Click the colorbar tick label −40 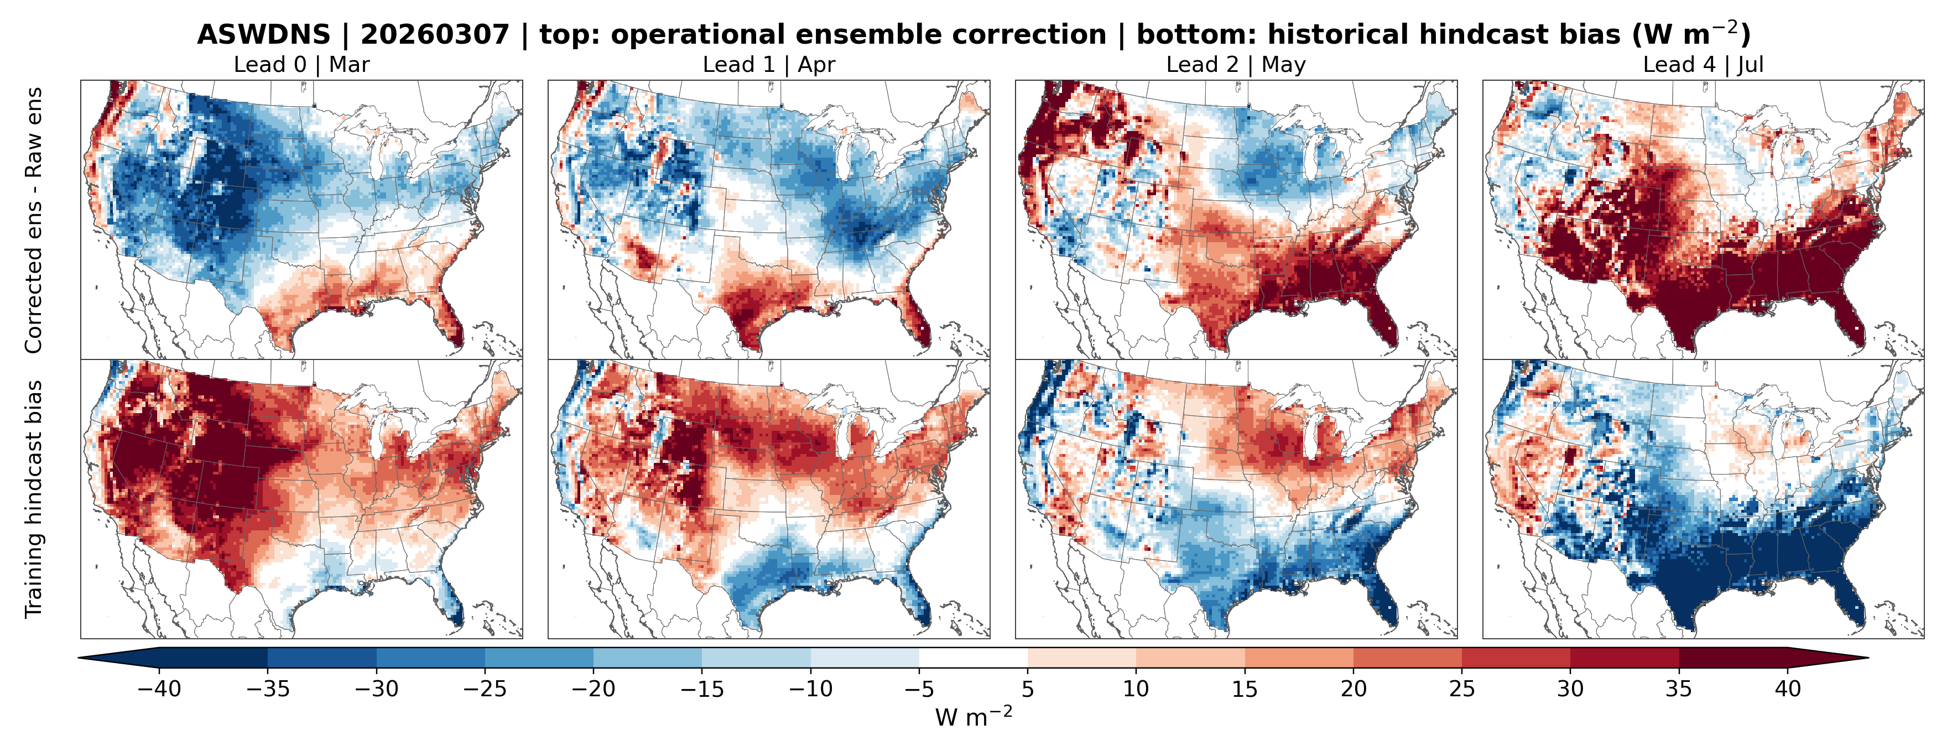(159, 689)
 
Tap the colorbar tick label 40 (1788, 689)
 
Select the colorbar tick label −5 (918, 689)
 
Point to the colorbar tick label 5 (1027, 689)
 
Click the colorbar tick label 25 (1462, 689)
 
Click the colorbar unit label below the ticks (973, 716)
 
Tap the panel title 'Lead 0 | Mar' (301, 65)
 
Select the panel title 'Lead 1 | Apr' (769, 65)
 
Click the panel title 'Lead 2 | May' (1236, 65)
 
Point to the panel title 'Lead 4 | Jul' (1703, 65)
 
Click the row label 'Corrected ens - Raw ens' (33, 220)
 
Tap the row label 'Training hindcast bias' (33, 499)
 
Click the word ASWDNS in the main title (264, 35)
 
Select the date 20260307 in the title (435, 35)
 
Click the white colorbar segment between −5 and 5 (973, 658)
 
